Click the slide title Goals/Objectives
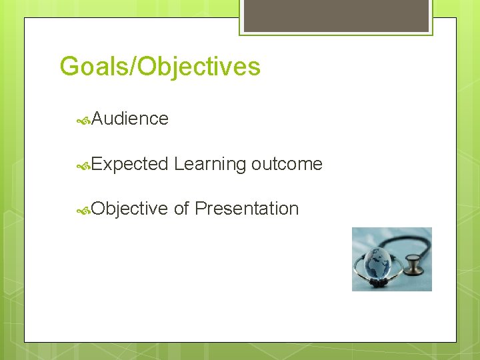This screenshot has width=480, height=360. [x=160, y=67]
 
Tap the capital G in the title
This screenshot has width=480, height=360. [x=69, y=67]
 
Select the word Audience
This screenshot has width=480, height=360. [x=130, y=119]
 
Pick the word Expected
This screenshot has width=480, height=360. [x=130, y=164]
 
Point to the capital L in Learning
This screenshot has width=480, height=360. [x=178, y=163]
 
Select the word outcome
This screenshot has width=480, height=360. [x=287, y=164]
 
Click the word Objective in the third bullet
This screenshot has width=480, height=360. [x=130, y=209]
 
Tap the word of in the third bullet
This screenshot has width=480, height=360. [x=181, y=209]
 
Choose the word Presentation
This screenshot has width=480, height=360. [x=247, y=209]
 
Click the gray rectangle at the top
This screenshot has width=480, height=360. [x=336, y=15]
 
